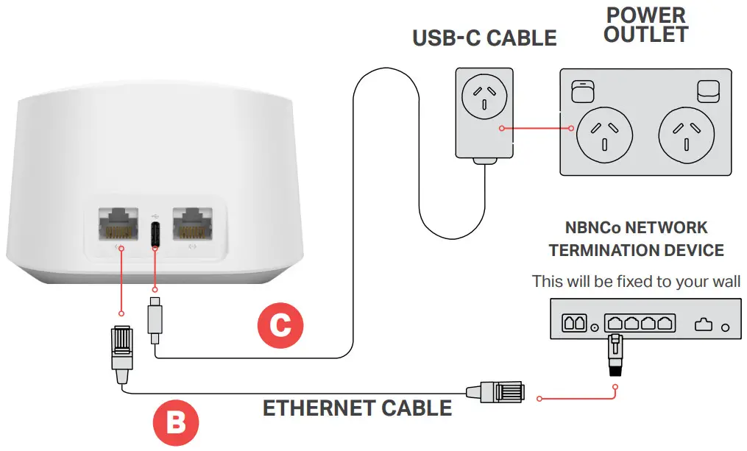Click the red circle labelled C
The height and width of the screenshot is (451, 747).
click(280, 324)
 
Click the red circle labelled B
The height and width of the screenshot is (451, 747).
click(176, 423)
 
